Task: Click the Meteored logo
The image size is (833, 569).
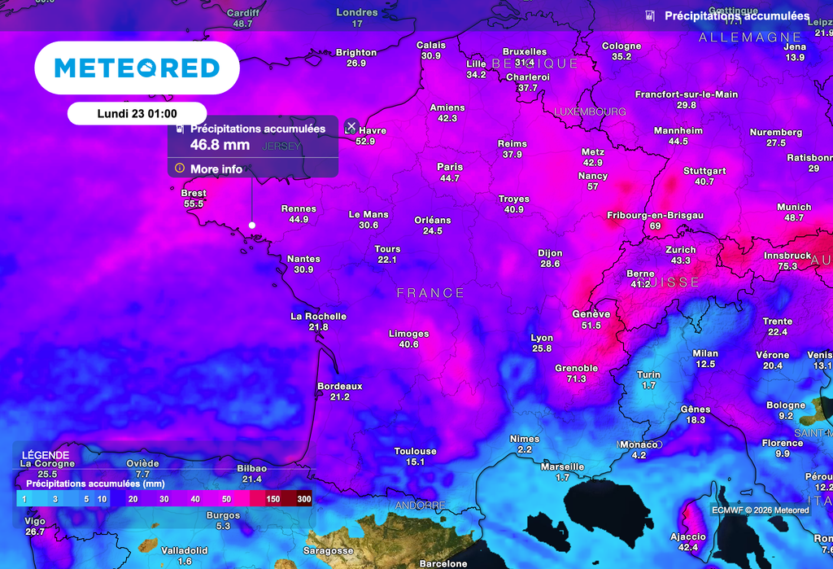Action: pos(137,68)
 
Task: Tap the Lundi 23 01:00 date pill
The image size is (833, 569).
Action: pos(137,114)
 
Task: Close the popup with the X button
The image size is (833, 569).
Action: pos(351,126)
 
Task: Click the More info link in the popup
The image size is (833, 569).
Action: pos(216,169)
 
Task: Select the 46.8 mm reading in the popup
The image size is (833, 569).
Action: pos(220,145)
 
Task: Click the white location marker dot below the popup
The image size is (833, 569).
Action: pos(252,225)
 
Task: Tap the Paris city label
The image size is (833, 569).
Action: pos(450,167)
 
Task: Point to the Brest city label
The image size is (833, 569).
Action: pos(194,193)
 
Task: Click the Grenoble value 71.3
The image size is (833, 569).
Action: pos(577,379)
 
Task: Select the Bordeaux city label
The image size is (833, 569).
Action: pos(340,386)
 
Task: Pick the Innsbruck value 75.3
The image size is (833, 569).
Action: pos(787,267)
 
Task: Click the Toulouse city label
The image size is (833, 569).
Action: pos(416,451)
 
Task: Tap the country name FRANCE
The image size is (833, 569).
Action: pos(431,293)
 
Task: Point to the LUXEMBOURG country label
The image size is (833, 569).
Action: pos(590,112)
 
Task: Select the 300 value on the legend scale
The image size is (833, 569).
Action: pos(303,499)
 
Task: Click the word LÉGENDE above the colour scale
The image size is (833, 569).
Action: pos(46,455)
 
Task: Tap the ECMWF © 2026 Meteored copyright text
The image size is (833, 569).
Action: pos(761,510)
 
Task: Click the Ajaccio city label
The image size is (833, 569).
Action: pos(688,536)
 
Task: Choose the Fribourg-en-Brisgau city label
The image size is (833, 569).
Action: pos(656,215)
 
